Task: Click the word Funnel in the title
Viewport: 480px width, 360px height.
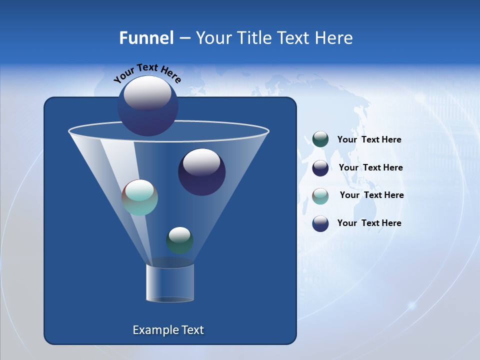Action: point(146,38)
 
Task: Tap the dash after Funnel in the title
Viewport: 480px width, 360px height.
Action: point(184,38)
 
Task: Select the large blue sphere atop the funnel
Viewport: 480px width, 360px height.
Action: point(147,105)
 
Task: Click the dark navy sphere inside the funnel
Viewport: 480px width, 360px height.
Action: point(201,172)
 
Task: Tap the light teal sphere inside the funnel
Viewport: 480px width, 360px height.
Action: point(139,197)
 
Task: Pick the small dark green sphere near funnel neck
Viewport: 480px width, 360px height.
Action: point(179,240)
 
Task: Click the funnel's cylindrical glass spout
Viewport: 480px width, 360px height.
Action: point(169,283)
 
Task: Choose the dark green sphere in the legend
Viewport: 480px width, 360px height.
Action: point(320,139)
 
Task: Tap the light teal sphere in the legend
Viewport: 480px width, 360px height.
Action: point(320,195)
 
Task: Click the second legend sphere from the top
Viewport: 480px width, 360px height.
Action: point(320,168)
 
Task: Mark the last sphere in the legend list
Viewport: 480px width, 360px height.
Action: point(320,223)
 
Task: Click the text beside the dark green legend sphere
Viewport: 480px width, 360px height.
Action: point(369,139)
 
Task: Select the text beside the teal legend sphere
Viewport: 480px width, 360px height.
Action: point(371,195)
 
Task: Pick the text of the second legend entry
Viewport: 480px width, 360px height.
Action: point(370,167)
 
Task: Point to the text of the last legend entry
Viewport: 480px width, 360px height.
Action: point(369,223)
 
